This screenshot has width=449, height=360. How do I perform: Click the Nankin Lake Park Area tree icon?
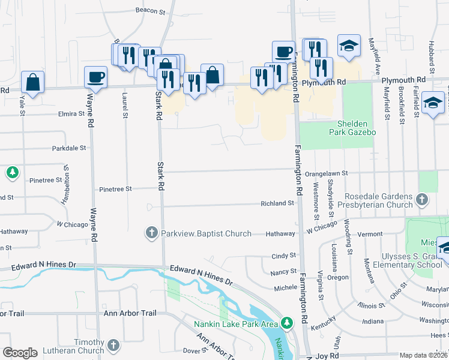point(286,324)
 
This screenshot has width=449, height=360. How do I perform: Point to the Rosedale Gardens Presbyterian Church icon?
point(422,199)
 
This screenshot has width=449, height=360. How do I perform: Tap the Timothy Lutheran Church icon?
point(113,346)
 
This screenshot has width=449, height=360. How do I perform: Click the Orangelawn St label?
point(326,173)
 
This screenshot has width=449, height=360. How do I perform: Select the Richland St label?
point(277,203)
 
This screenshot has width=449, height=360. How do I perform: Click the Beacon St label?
point(150,11)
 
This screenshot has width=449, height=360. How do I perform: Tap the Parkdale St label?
point(69,148)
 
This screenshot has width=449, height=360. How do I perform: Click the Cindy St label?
point(284,256)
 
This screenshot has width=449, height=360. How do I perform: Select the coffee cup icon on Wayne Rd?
point(96,76)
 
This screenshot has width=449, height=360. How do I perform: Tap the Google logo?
point(20,353)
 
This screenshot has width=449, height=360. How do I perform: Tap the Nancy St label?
point(284,272)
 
